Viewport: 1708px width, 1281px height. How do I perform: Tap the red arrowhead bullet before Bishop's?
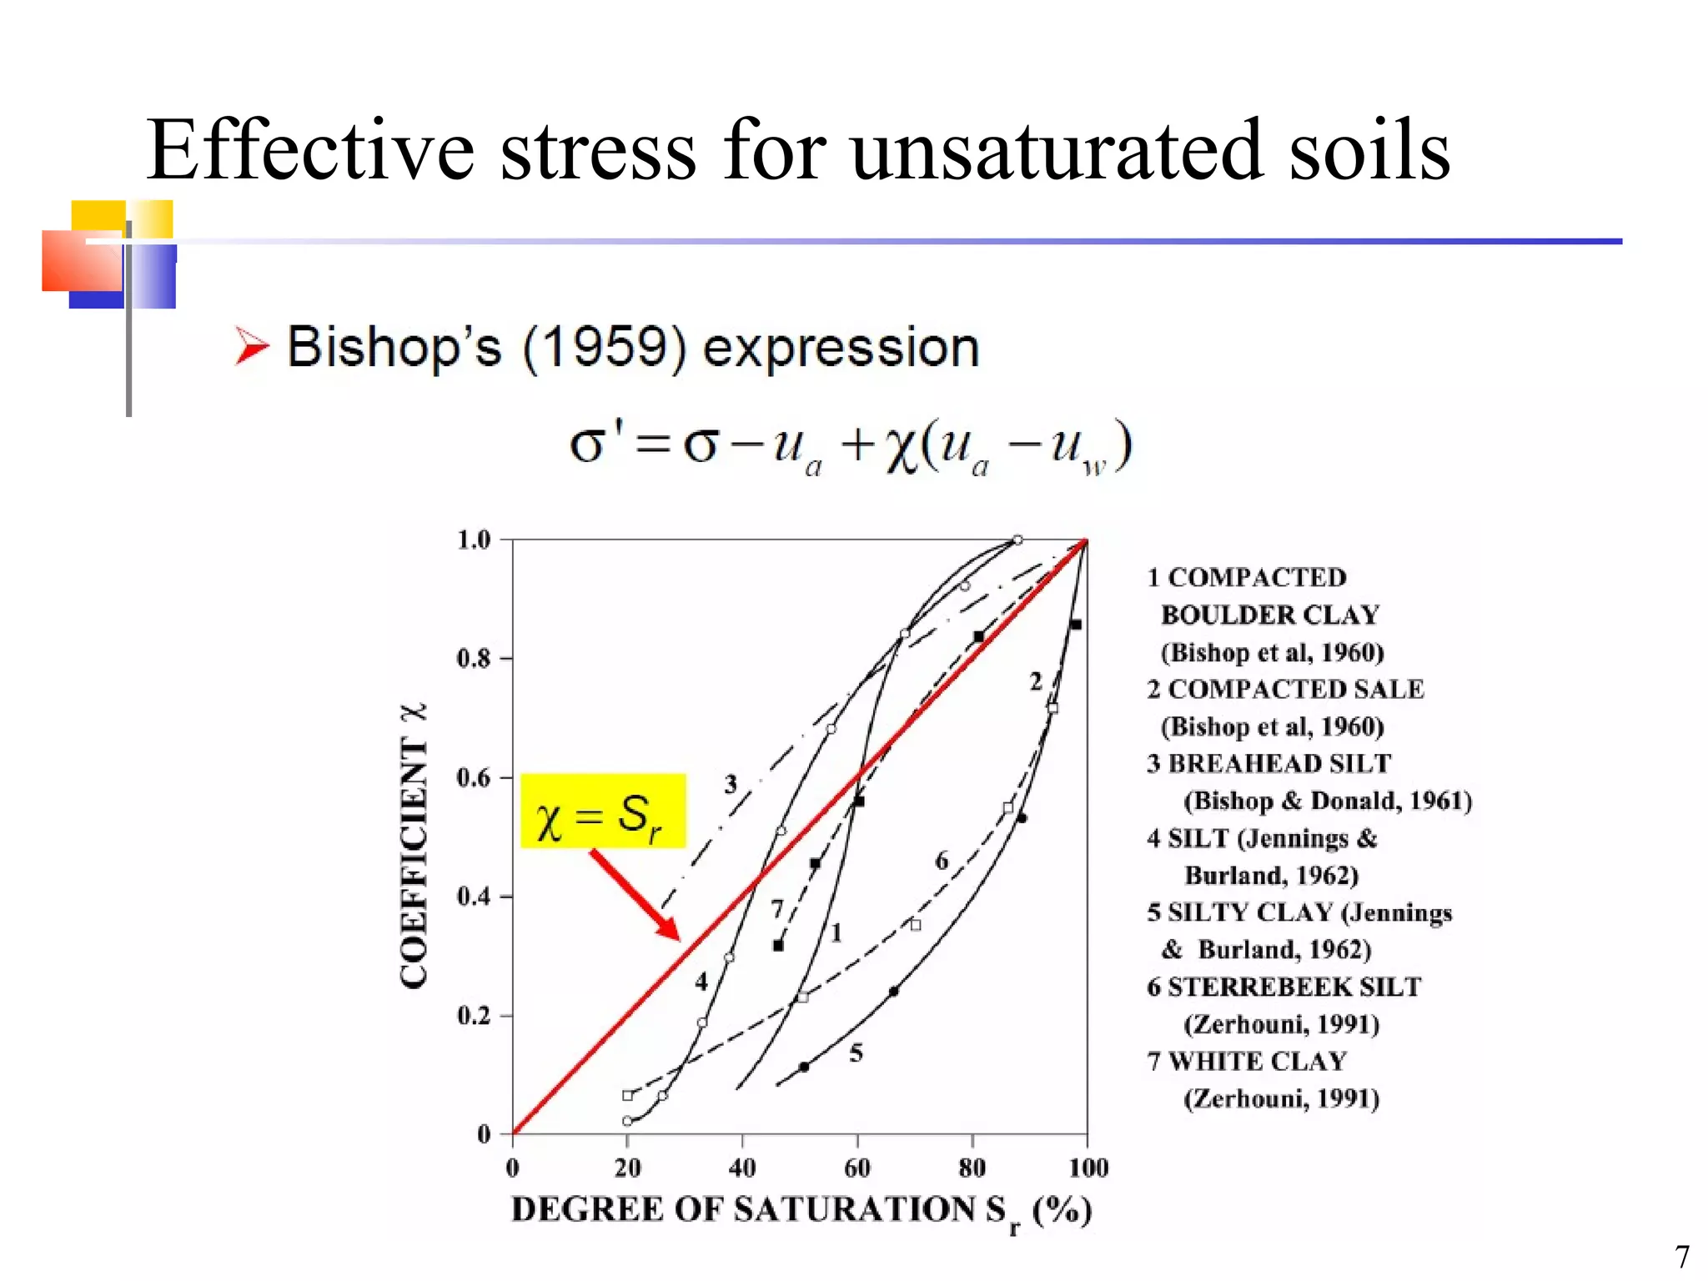click(251, 347)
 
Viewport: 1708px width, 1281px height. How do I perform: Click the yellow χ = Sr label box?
click(603, 811)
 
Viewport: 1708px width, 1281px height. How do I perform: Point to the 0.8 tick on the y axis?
click(473, 659)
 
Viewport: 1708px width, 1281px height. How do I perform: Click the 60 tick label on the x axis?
click(857, 1168)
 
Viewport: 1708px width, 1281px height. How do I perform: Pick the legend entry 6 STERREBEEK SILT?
click(1284, 987)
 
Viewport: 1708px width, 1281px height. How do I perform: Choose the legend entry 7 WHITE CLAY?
click(1247, 1061)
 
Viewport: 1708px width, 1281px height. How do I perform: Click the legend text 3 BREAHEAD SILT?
click(1268, 763)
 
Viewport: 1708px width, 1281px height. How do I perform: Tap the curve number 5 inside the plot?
click(856, 1053)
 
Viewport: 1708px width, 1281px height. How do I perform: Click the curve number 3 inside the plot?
click(731, 784)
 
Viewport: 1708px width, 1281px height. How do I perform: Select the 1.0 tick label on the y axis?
click(473, 540)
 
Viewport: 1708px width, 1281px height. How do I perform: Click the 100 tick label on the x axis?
click(1088, 1168)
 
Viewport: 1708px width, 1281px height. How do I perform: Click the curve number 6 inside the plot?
click(942, 861)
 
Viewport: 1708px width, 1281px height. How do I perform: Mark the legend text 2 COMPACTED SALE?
click(1285, 689)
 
